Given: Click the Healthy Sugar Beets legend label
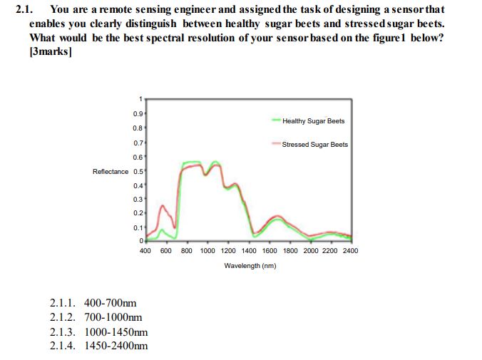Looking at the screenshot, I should pos(313,121).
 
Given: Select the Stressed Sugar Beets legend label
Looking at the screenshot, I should pos(314,145).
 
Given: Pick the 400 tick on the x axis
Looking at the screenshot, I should pos(144,251).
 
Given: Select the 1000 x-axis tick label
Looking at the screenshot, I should pos(207,251).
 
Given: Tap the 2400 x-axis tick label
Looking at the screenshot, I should pos(350,251).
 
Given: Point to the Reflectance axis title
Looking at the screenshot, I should pos(111,171).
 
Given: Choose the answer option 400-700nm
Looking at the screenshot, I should pos(110,303).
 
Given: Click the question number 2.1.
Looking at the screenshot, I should pos(24,9).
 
